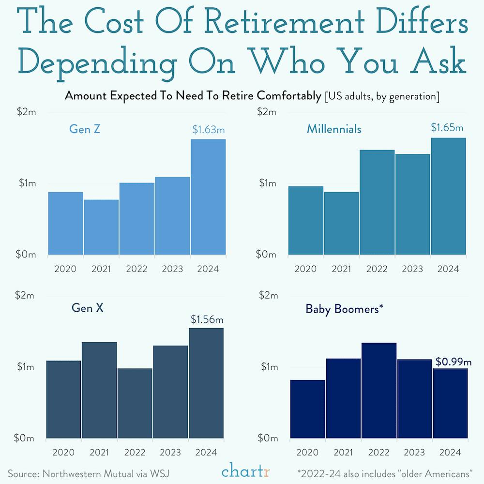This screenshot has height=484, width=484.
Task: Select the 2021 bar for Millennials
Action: (342, 223)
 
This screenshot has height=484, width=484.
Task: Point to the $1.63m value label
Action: (209, 130)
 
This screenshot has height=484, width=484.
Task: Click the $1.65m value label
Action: (447, 128)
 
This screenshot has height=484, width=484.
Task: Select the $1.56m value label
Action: (207, 319)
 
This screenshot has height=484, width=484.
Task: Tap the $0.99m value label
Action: (454, 361)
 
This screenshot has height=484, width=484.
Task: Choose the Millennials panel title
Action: (334, 129)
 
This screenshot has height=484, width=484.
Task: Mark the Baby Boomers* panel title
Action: (345, 309)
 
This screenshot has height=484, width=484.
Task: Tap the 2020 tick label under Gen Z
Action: (65, 269)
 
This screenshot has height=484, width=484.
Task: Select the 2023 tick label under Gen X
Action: (171, 452)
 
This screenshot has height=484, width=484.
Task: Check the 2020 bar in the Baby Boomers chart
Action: (307, 409)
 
